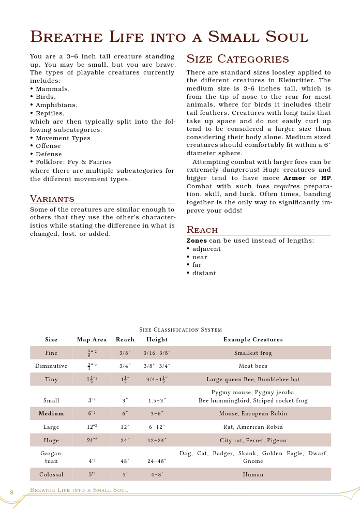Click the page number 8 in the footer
(11, 492)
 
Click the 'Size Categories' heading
(237, 59)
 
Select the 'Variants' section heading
(52, 199)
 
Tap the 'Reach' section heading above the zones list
(202, 230)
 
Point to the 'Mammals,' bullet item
(52, 89)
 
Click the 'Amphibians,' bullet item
(56, 105)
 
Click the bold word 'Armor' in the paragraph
(294, 178)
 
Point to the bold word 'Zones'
(197, 241)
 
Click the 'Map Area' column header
(92, 340)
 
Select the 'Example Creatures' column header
(253, 340)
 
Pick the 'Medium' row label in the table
(51, 414)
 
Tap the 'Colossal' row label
(51, 474)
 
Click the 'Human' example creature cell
(253, 474)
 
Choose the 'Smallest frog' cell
(253, 353)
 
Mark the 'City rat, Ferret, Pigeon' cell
(253, 441)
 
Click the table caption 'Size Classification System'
(181, 330)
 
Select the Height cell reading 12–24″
(157, 441)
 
